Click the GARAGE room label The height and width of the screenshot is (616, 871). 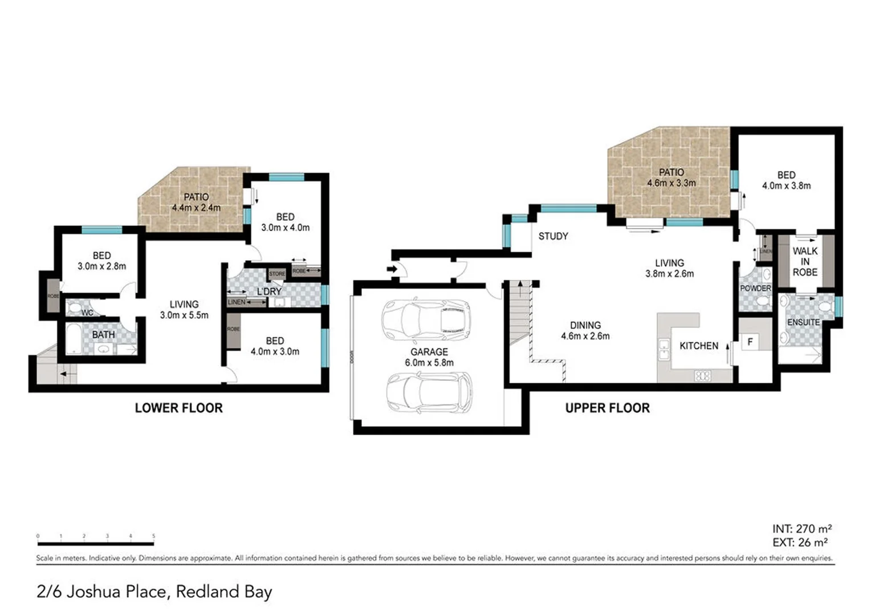click(x=429, y=352)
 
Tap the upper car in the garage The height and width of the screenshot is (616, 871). click(x=426, y=318)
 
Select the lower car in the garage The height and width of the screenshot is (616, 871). click(x=429, y=392)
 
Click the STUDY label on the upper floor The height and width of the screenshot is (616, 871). click(x=553, y=236)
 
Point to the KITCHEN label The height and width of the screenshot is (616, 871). click(x=699, y=346)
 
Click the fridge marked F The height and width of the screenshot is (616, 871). click(x=750, y=342)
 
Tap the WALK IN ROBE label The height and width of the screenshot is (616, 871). click(x=805, y=262)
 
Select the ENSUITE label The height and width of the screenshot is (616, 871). click(x=803, y=322)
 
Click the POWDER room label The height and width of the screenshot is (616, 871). click(x=755, y=289)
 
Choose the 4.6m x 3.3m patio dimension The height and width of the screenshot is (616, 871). click(x=671, y=183)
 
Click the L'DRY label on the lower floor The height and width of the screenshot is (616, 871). click(x=269, y=291)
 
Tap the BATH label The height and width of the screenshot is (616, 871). click(x=103, y=335)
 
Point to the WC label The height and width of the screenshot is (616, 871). click(x=87, y=313)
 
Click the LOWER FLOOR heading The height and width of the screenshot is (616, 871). click(x=178, y=408)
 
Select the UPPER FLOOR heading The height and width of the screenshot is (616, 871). click(x=607, y=408)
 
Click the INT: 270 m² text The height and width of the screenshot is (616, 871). click(x=801, y=529)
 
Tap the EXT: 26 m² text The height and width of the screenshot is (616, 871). click(x=800, y=542)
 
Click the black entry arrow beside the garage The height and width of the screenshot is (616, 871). click(x=392, y=269)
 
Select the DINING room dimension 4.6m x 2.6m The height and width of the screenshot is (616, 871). click(x=585, y=336)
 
